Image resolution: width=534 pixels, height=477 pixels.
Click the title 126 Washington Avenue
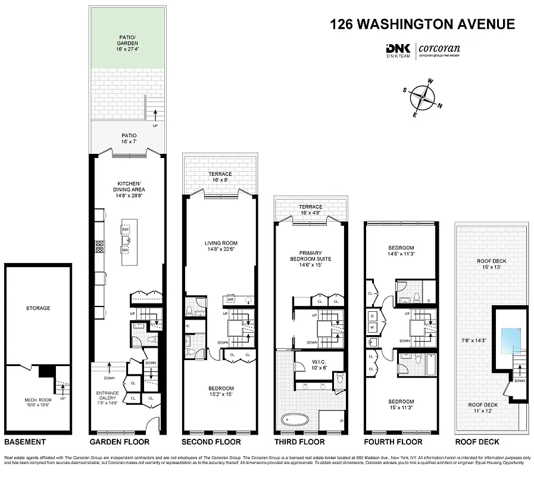tap(422, 24)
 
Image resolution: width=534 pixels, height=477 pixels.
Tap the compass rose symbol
tap(423, 96)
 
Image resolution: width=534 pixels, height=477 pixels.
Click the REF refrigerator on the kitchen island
tap(126, 230)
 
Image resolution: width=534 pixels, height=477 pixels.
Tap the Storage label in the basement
tap(38, 308)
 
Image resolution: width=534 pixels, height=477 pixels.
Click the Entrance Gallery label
tap(107, 397)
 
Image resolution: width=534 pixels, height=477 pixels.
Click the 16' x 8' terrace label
tap(220, 176)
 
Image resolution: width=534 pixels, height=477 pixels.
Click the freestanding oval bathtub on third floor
tap(296, 420)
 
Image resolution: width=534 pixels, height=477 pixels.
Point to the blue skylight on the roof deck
tap(510, 338)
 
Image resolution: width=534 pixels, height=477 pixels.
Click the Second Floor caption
tap(211, 442)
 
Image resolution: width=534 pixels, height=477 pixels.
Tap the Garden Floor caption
tap(119, 442)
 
